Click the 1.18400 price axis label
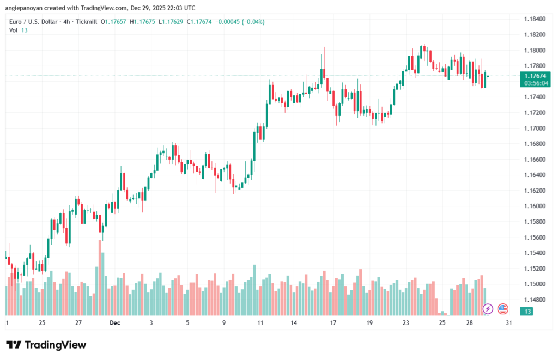[x=533, y=19]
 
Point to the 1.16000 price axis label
[x=533, y=206]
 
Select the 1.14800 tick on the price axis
[x=533, y=300]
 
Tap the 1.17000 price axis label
[x=533, y=128]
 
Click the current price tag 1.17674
[x=535, y=76]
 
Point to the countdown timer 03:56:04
[x=535, y=83]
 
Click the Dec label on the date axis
[x=114, y=323]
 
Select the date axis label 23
[x=406, y=323]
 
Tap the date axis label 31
[x=508, y=323]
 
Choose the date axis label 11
[x=260, y=323]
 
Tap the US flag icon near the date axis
[x=502, y=309]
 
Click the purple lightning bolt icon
[x=488, y=309]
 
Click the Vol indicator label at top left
[x=14, y=30]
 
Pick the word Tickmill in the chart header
[x=86, y=22]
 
